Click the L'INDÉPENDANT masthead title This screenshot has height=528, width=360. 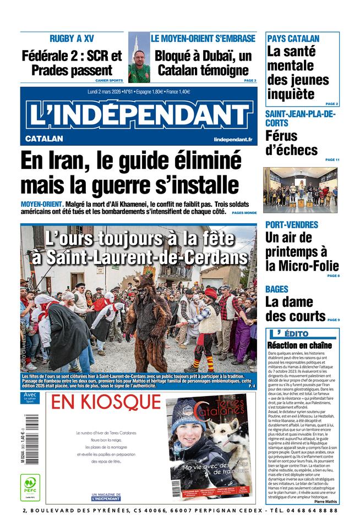[138, 114]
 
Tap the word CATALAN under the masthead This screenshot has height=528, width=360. [44, 139]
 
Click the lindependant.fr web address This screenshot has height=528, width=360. [233, 140]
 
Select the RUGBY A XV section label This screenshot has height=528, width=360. [72, 38]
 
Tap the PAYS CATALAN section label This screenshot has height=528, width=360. [293, 38]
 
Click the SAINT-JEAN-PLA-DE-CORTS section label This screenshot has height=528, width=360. [300, 118]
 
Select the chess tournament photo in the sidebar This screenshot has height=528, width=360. [300, 190]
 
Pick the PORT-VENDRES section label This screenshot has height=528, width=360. [292, 224]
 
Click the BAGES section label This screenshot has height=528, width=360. [276, 289]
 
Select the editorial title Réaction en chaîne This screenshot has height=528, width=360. [299, 345]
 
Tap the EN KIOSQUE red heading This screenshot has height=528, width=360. [104, 402]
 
